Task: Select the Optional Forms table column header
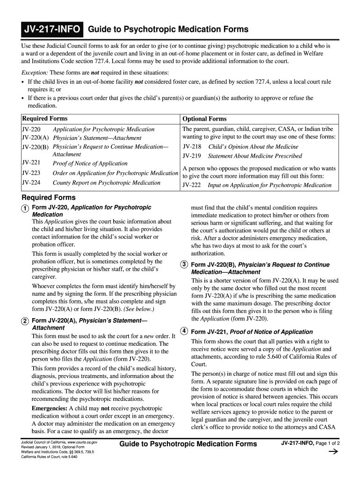tap(204, 119)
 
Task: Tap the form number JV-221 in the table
tap(31, 163)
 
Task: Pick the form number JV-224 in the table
tap(31, 182)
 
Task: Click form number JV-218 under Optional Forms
tap(192, 146)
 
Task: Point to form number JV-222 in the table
tap(192, 185)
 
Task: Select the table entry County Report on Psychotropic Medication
tap(107, 182)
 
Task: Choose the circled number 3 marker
tap(185, 265)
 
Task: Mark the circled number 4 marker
tap(185, 331)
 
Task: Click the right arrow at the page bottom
tap(334, 452)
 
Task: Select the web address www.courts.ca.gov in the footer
tap(82, 442)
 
